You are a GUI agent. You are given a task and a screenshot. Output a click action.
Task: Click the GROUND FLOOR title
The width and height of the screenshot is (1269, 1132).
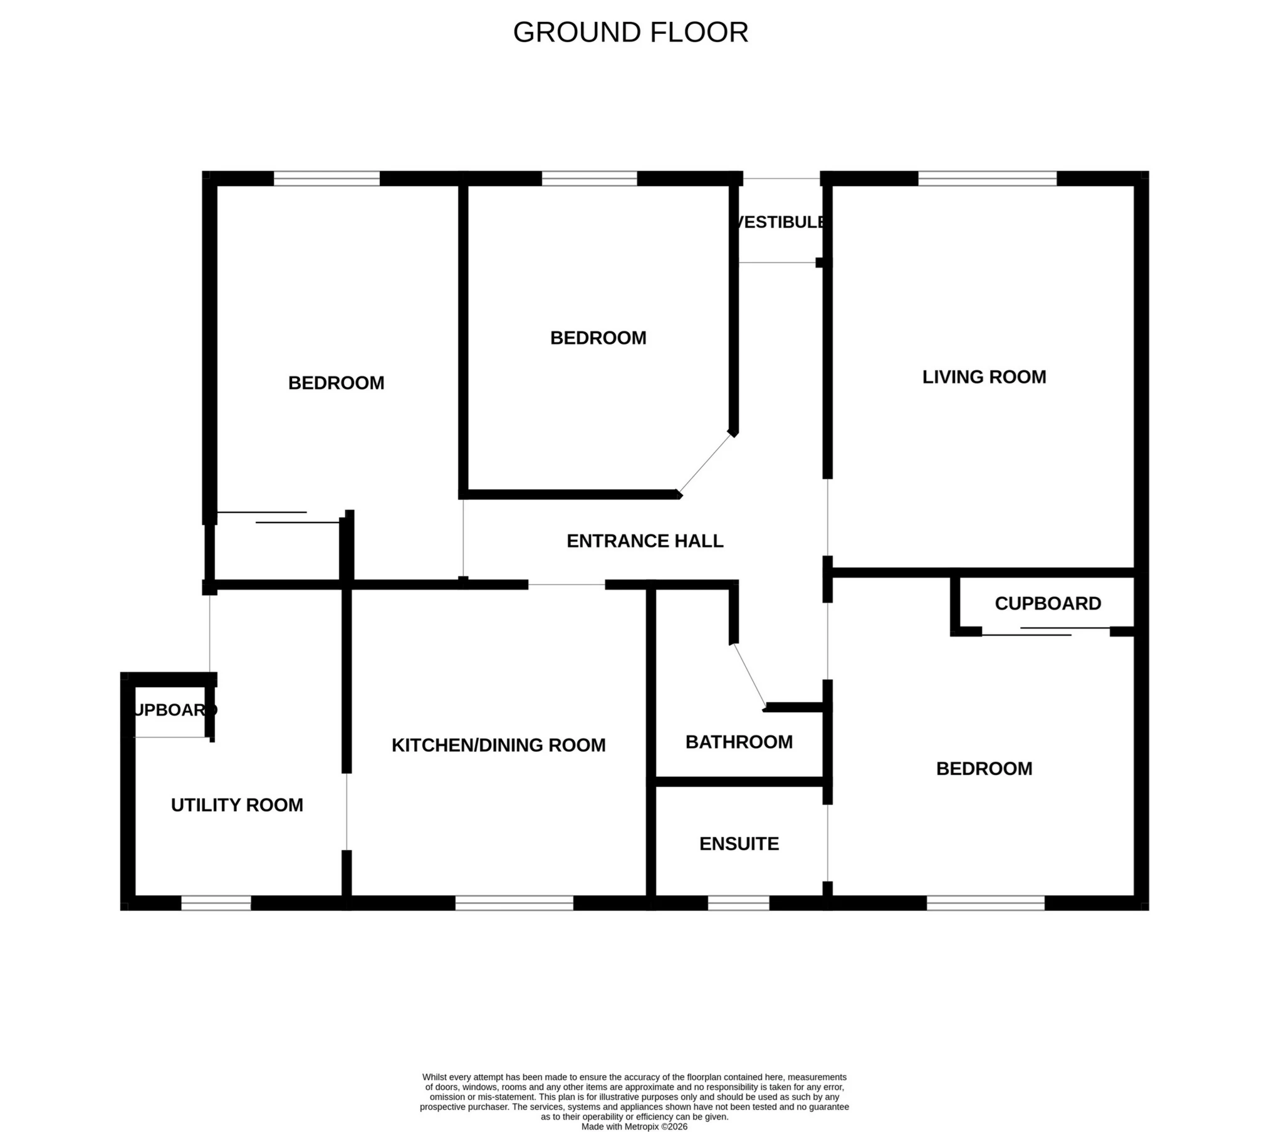point(630,33)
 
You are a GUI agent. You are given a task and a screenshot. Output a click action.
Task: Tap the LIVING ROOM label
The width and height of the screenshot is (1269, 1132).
point(984,377)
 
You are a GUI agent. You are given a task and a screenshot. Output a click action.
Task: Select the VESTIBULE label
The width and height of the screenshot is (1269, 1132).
point(780,222)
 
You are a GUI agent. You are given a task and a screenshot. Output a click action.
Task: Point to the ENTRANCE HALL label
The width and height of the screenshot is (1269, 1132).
point(645,541)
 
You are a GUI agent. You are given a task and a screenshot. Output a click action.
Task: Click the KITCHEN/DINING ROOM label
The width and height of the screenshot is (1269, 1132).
point(498,745)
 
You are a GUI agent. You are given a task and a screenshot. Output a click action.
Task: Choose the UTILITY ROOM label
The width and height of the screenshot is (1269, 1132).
point(237,805)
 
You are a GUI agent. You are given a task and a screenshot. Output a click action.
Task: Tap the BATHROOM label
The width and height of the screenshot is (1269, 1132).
point(739,742)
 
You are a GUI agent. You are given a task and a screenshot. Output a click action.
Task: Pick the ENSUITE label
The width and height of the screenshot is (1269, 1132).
point(739,844)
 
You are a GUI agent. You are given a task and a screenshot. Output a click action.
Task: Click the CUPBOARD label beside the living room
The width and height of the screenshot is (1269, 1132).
point(1048,603)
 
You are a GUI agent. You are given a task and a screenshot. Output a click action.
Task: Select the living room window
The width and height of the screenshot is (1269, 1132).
point(987,179)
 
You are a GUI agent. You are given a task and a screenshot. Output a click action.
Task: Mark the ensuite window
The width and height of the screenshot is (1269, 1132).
point(738,903)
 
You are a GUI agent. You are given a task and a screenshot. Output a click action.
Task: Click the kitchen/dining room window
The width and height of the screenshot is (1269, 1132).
point(514,903)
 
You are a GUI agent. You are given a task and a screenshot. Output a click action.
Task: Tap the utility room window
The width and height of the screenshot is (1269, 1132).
point(216,903)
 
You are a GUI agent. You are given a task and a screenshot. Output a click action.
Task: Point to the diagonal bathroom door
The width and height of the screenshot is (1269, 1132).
point(749,675)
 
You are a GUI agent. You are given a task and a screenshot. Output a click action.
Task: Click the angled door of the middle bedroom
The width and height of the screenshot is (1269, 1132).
point(705,463)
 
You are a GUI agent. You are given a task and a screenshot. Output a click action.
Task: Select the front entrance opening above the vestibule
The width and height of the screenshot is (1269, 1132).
point(781,179)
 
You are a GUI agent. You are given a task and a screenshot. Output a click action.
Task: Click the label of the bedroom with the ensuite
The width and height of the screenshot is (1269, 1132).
point(984,769)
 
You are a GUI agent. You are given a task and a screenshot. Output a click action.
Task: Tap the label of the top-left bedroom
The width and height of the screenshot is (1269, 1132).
point(336,383)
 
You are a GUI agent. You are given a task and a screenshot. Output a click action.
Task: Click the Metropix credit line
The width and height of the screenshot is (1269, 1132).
point(634,1126)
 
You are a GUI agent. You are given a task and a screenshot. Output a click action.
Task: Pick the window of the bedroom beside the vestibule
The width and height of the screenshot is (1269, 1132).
point(589,179)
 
